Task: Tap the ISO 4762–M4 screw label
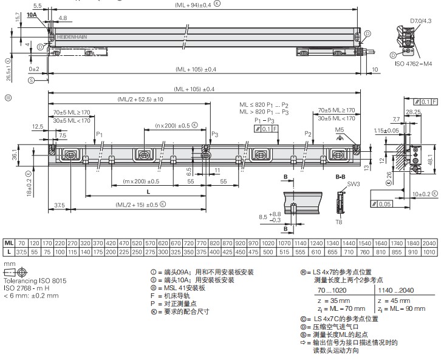414,63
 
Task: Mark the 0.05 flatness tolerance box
383,204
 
